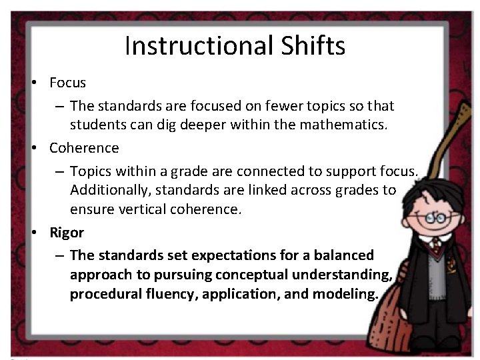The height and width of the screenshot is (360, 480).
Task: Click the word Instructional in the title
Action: click(197, 46)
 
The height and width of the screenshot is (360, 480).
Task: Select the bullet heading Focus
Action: click(68, 83)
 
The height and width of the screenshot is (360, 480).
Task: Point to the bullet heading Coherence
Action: click(84, 147)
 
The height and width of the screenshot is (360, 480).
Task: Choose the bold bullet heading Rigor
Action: click(67, 233)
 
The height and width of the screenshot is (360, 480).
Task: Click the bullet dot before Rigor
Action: click(32, 233)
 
